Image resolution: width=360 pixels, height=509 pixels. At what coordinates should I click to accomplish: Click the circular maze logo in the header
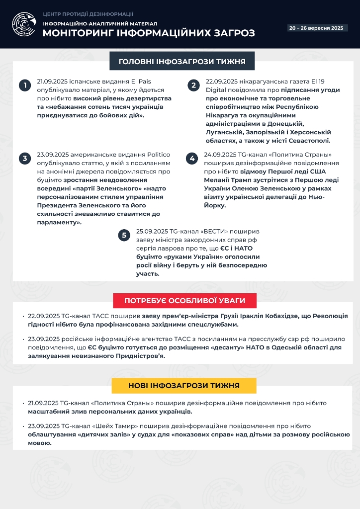pyautogui.click(x=23, y=24)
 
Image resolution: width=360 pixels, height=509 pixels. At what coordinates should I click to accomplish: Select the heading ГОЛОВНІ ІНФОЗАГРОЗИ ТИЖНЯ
pyautogui.click(x=182, y=62)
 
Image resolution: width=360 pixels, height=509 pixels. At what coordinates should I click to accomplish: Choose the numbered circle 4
pyautogui.click(x=191, y=159)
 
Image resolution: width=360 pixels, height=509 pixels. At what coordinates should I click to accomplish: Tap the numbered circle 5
pyautogui.click(x=124, y=235)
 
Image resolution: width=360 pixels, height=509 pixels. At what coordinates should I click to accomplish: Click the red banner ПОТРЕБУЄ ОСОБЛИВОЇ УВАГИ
pyautogui.click(x=184, y=301)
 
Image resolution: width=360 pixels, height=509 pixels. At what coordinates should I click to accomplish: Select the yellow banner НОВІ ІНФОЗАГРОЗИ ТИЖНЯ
pyautogui.click(x=184, y=386)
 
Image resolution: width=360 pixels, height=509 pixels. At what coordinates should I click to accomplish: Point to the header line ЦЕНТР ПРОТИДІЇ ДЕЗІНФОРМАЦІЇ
pyautogui.click(x=88, y=14)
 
